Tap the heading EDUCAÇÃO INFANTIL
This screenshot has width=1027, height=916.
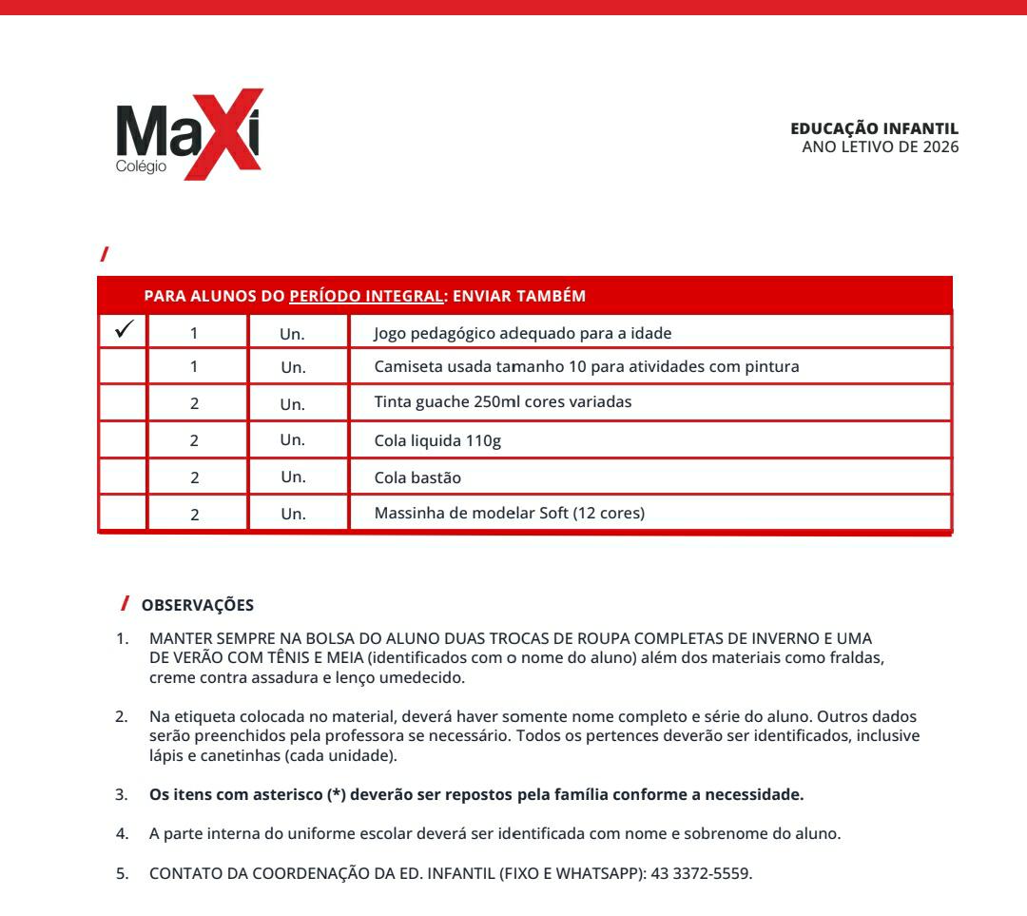(874, 129)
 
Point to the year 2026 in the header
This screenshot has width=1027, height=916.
(940, 146)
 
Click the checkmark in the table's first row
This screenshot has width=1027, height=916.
(123, 331)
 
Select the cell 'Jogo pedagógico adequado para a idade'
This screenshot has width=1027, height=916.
(522, 333)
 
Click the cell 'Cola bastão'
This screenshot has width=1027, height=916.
(417, 477)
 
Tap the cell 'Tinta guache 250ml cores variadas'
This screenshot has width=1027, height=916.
(502, 401)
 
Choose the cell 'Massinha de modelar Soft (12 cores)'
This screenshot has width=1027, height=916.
(509, 514)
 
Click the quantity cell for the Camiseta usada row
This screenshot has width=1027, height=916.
(195, 367)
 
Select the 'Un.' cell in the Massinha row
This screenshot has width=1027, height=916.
(293, 515)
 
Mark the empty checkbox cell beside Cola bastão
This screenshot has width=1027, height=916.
(123, 477)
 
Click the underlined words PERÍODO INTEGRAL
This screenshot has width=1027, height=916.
(366, 296)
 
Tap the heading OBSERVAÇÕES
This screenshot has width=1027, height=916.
(198, 605)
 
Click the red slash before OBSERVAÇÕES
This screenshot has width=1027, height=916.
(126, 603)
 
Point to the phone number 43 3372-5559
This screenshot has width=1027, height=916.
(701, 874)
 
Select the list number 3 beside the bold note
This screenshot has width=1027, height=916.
(122, 793)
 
